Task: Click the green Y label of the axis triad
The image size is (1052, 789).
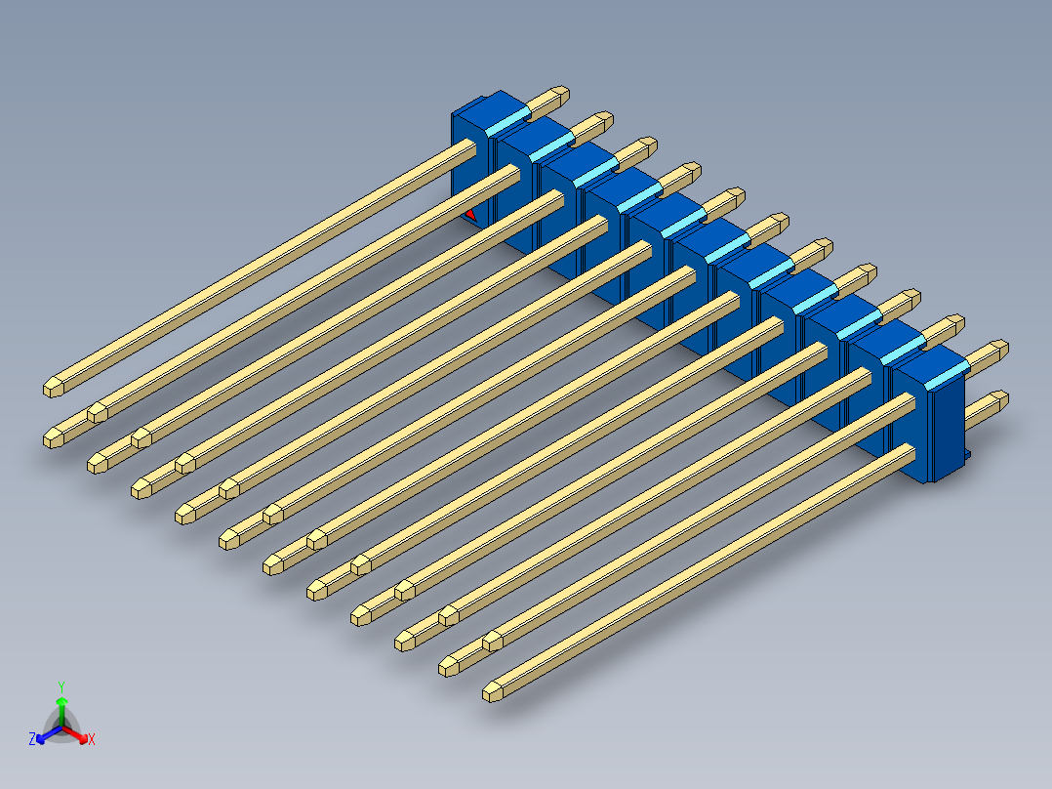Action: (61, 686)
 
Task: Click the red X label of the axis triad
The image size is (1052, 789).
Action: (92, 740)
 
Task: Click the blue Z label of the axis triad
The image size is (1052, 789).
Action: (31, 740)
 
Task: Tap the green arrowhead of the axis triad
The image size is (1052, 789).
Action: (61, 701)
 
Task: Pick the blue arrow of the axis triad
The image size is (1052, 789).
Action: (44, 735)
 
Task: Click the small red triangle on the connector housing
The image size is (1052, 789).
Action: (470, 212)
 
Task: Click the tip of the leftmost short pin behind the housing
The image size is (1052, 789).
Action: (561, 95)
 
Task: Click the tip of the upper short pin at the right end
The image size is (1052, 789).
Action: (1000, 348)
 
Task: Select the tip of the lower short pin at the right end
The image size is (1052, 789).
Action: (998, 398)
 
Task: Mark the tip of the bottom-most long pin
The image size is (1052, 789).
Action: (492, 692)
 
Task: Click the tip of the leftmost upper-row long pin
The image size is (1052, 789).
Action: (53, 387)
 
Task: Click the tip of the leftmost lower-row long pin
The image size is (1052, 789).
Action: (54, 438)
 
